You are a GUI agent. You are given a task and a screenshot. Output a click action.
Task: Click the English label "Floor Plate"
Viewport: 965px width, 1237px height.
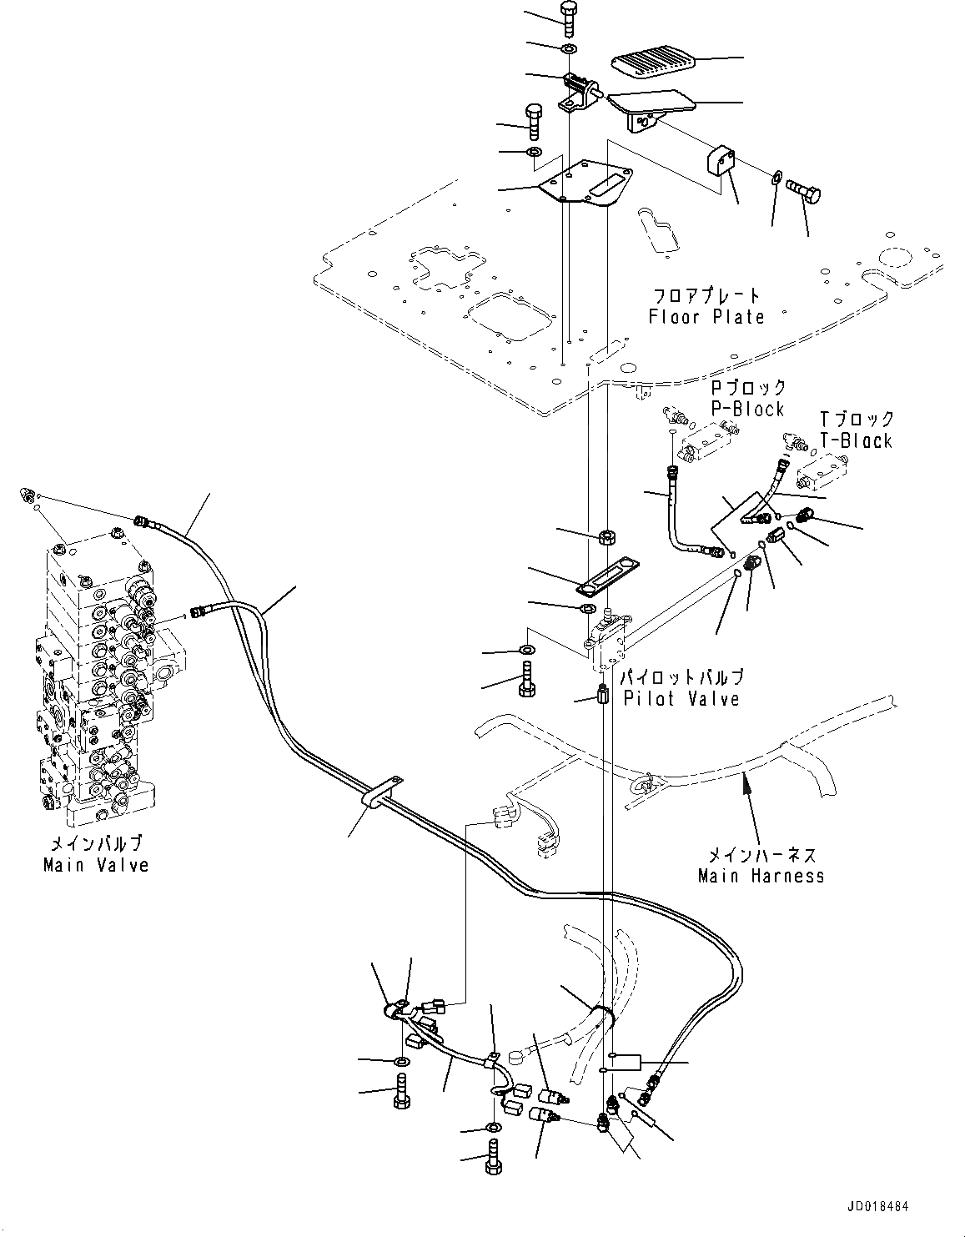706,317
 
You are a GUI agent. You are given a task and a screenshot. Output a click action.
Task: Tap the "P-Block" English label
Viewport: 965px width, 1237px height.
747,410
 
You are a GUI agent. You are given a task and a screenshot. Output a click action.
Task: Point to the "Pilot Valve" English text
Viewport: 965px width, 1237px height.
681,698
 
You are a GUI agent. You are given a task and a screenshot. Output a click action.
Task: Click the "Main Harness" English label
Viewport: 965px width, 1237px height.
761,876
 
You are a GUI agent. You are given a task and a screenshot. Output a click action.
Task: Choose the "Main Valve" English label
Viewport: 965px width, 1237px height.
96,865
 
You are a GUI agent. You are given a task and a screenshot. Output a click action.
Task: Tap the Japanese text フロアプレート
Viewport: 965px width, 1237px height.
706,295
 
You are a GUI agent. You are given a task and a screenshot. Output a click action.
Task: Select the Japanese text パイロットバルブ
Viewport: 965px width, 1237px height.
681,676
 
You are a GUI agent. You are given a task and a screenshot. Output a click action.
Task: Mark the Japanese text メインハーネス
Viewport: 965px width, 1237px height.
761,855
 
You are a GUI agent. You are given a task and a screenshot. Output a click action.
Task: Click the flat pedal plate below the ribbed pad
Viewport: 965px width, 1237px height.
651,108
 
